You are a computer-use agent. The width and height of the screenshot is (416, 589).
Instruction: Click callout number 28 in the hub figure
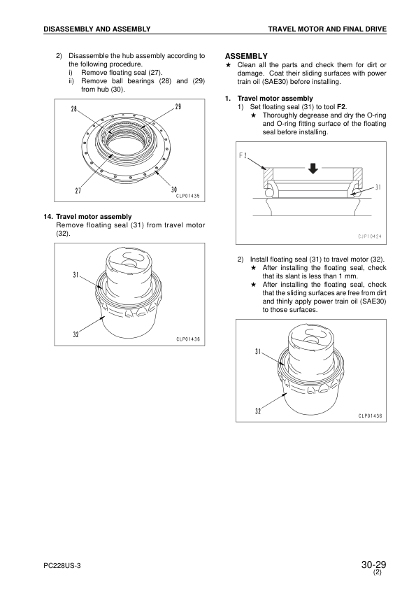tap(74, 109)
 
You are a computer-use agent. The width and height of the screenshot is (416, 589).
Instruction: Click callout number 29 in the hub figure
tap(178, 107)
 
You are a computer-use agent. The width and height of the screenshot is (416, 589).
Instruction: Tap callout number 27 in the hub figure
tap(78, 190)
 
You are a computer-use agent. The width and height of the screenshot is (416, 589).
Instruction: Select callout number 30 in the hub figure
tap(174, 190)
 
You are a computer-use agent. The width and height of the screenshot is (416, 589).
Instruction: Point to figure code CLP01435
tap(188, 196)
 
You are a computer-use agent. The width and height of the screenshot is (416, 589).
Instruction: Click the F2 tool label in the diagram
tap(243, 155)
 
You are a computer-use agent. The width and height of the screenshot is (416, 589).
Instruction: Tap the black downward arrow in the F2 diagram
tap(313, 169)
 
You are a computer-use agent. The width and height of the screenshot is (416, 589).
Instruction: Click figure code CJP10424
tap(369, 236)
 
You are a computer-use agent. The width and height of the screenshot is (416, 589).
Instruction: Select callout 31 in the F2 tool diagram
tap(378, 187)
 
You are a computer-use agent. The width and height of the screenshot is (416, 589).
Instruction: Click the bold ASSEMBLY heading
tap(246, 57)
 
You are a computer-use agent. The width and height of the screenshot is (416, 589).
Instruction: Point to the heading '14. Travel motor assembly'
tap(87, 217)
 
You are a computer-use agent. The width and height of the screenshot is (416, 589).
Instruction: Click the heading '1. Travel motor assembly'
tap(268, 99)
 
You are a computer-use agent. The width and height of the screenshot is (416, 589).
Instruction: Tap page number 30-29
tap(373, 565)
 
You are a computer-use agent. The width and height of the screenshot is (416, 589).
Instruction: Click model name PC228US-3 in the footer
tap(62, 566)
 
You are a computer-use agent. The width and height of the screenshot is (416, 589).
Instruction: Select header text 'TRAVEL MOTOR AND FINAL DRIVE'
tap(327, 29)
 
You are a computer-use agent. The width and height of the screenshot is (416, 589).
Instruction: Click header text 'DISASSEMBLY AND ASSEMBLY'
tap(97, 29)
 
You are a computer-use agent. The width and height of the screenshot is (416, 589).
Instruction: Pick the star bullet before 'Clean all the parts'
tap(228, 65)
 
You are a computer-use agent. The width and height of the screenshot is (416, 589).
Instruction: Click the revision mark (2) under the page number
tap(378, 573)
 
